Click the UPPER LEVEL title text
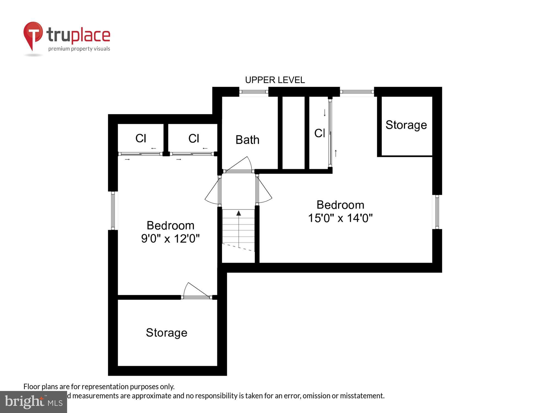click(x=275, y=80)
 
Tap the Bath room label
click(x=247, y=140)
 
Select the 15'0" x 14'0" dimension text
click(x=340, y=218)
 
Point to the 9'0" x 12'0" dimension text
click(x=170, y=238)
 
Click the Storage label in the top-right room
click(x=406, y=125)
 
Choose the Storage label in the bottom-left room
click(x=166, y=333)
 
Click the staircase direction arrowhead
click(x=239, y=213)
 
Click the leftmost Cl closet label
click(x=141, y=138)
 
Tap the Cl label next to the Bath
click(x=194, y=138)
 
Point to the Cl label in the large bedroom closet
click(x=320, y=133)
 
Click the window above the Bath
click(x=254, y=92)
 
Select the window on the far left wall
click(x=113, y=211)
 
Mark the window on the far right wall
click(x=437, y=212)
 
